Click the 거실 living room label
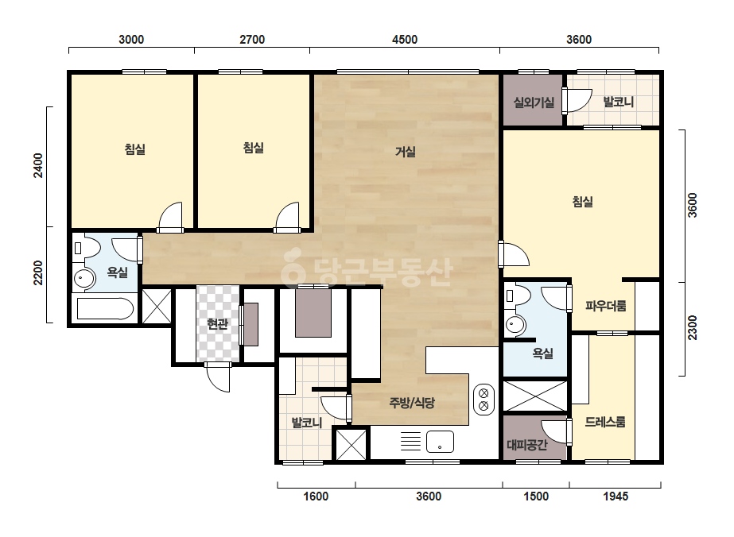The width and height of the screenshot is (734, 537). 406,152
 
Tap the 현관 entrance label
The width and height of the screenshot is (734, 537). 218,323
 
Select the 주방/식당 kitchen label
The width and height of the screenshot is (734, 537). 412,402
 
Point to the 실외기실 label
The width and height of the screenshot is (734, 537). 534,102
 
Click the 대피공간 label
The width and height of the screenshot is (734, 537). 527,444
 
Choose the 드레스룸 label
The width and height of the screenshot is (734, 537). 605,422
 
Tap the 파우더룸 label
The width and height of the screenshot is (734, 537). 606,306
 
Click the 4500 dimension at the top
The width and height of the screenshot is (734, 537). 405,39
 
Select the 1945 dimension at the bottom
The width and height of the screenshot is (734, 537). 616,496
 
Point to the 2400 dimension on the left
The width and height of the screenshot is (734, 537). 38,165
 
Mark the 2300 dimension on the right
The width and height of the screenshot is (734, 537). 693,328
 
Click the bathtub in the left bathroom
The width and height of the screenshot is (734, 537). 105,309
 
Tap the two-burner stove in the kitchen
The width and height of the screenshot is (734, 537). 484,400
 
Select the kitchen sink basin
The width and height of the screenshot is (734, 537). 440,442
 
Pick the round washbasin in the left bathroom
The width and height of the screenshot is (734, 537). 84,279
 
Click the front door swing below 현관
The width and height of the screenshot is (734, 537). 218,377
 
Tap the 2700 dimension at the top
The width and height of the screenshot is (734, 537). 252,39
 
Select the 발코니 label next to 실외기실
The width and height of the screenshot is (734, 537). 619,102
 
